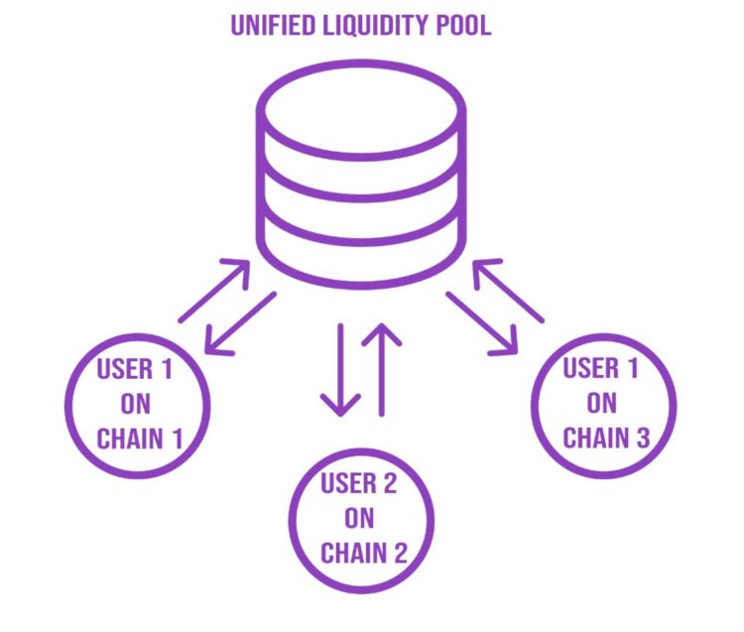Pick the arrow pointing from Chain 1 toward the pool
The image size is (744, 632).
[214, 290]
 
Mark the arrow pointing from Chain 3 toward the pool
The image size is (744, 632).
[508, 290]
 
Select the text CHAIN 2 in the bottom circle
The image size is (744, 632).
[363, 552]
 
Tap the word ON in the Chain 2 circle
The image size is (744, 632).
[360, 518]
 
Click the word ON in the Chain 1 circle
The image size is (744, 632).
[136, 404]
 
